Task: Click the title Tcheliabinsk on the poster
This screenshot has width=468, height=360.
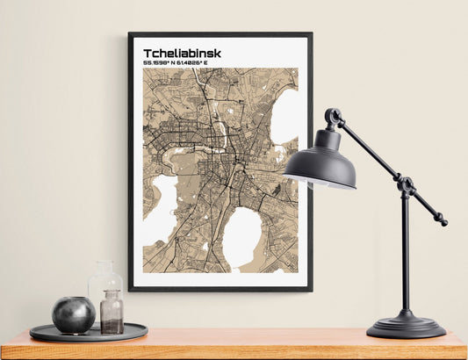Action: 182,54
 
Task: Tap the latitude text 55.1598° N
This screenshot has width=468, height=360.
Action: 162,63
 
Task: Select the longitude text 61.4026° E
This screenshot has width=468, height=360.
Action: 201,63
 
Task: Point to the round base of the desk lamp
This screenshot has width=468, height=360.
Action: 406,327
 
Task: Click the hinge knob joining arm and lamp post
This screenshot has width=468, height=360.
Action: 405,185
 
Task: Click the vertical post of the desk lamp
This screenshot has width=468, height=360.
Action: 405,255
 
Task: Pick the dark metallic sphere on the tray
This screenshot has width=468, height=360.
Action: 73,313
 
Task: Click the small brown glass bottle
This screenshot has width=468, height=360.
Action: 112,313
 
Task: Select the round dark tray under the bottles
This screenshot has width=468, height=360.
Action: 88,333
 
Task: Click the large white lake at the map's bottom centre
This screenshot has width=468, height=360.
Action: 241,237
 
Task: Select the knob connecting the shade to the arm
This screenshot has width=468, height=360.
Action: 333,116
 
